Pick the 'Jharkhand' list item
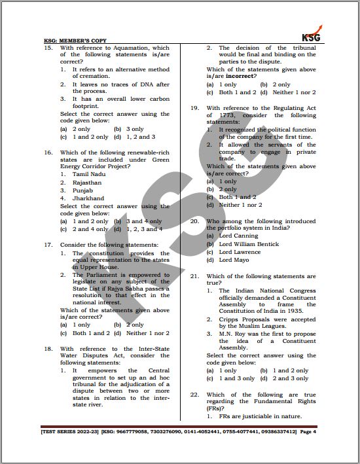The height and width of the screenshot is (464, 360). (88, 198)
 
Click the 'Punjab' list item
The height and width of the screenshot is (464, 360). (84, 190)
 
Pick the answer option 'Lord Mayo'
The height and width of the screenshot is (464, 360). (234, 260)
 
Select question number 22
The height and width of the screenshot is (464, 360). (194, 395)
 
